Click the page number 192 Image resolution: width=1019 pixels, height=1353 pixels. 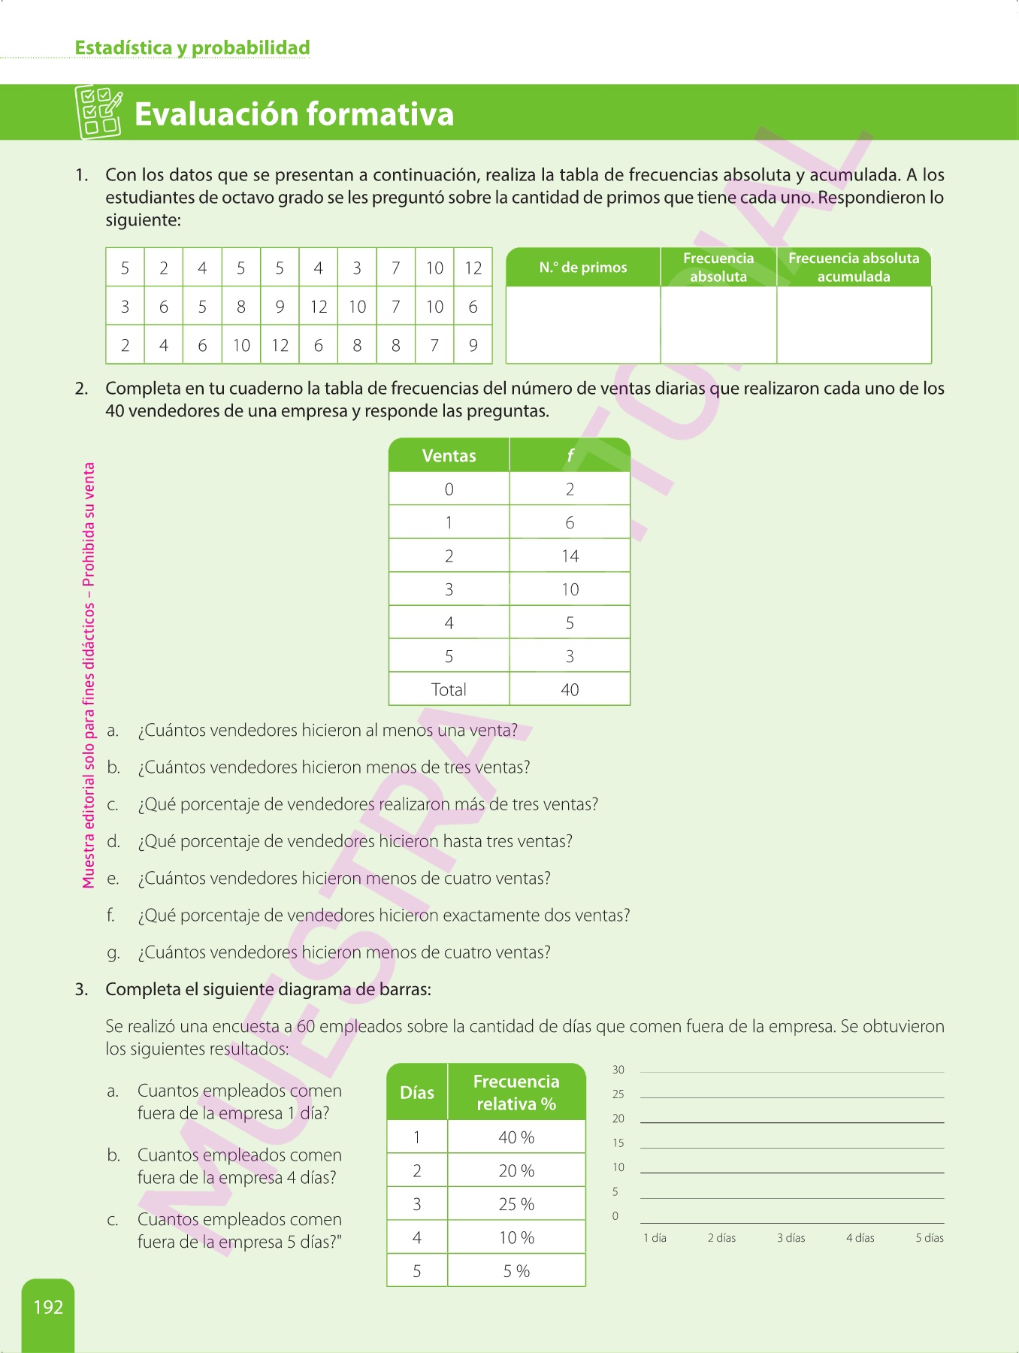click(x=48, y=1307)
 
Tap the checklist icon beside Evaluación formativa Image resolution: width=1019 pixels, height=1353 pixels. click(x=98, y=112)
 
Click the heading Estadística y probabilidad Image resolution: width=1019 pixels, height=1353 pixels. click(x=192, y=48)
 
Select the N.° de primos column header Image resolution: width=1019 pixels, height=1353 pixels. click(x=583, y=268)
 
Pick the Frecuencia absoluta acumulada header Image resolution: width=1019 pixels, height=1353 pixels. click(x=854, y=268)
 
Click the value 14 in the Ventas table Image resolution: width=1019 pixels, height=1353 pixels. click(x=570, y=556)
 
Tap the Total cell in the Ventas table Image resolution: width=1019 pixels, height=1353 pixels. click(x=449, y=690)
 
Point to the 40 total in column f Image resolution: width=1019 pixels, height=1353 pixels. click(x=570, y=690)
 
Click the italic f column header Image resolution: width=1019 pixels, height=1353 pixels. click(x=570, y=456)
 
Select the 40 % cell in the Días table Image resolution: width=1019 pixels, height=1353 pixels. click(x=516, y=1138)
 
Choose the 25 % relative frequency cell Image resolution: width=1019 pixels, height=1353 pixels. click(x=516, y=1205)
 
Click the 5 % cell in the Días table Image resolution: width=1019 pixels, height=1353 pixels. click(x=516, y=1272)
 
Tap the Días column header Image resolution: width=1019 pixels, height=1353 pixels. click(x=417, y=1093)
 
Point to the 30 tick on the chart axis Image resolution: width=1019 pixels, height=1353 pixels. click(x=618, y=1070)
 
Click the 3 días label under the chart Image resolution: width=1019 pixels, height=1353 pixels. click(x=791, y=1238)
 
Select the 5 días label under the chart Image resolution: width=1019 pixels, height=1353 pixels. click(x=930, y=1238)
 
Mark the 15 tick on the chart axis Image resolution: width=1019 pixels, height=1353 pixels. click(x=618, y=1143)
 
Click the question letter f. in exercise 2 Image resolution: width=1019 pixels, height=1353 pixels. click(x=110, y=916)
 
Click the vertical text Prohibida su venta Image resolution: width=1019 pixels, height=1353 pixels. click(x=89, y=524)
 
